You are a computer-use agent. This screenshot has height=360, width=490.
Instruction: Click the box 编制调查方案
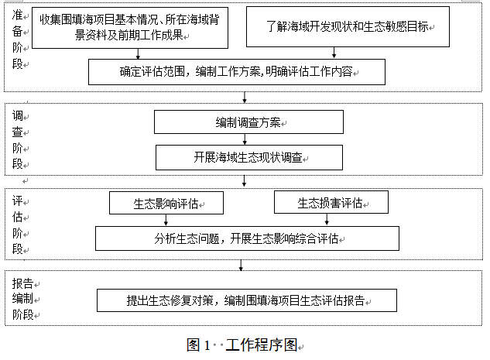tap(248, 122)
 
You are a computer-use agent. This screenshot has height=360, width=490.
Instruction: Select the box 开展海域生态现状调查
tap(249, 157)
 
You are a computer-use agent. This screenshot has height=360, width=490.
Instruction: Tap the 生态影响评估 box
tap(166, 203)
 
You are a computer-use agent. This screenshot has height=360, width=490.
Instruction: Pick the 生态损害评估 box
tap(331, 202)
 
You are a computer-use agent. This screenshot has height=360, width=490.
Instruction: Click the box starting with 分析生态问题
tap(247, 238)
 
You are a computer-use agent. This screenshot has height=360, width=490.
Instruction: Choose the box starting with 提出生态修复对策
tap(247, 300)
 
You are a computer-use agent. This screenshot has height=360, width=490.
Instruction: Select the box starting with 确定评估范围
tap(237, 72)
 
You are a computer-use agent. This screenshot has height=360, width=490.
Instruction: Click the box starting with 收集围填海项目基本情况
tap(130, 28)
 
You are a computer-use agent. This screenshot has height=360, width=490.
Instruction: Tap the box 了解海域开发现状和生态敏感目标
tap(348, 27)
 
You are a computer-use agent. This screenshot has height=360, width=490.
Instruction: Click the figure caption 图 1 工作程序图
tap(242, 345)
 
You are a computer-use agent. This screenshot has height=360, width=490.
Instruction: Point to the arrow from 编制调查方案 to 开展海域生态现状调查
tap(245, 139)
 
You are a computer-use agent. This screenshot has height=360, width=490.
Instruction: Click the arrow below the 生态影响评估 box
tap(166, 220)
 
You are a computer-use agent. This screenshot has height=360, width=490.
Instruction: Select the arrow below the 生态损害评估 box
tap(327, 219)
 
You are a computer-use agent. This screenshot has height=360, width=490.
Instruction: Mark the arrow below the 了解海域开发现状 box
tap(334, 53)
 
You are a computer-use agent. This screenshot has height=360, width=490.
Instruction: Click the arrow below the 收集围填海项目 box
tap(138, 53)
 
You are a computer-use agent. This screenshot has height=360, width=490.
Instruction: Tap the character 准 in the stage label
tap(18, 15)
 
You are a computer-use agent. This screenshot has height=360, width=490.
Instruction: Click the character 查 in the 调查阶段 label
tap(18, 132)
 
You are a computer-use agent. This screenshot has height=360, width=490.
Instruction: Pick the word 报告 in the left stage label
tap(22, 283)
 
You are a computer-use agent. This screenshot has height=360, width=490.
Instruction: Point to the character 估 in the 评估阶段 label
tap(18, 217)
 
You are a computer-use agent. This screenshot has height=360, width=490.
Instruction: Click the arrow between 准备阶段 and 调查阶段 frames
tap(245, 98)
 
